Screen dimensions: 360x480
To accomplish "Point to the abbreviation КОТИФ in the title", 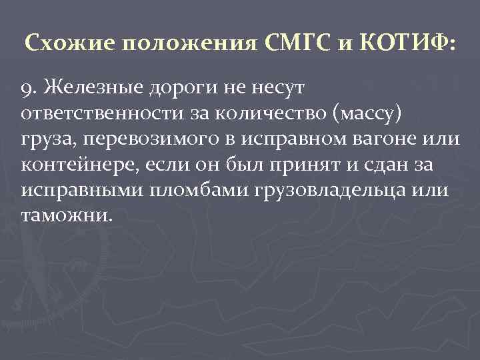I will tap(409, 44).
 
